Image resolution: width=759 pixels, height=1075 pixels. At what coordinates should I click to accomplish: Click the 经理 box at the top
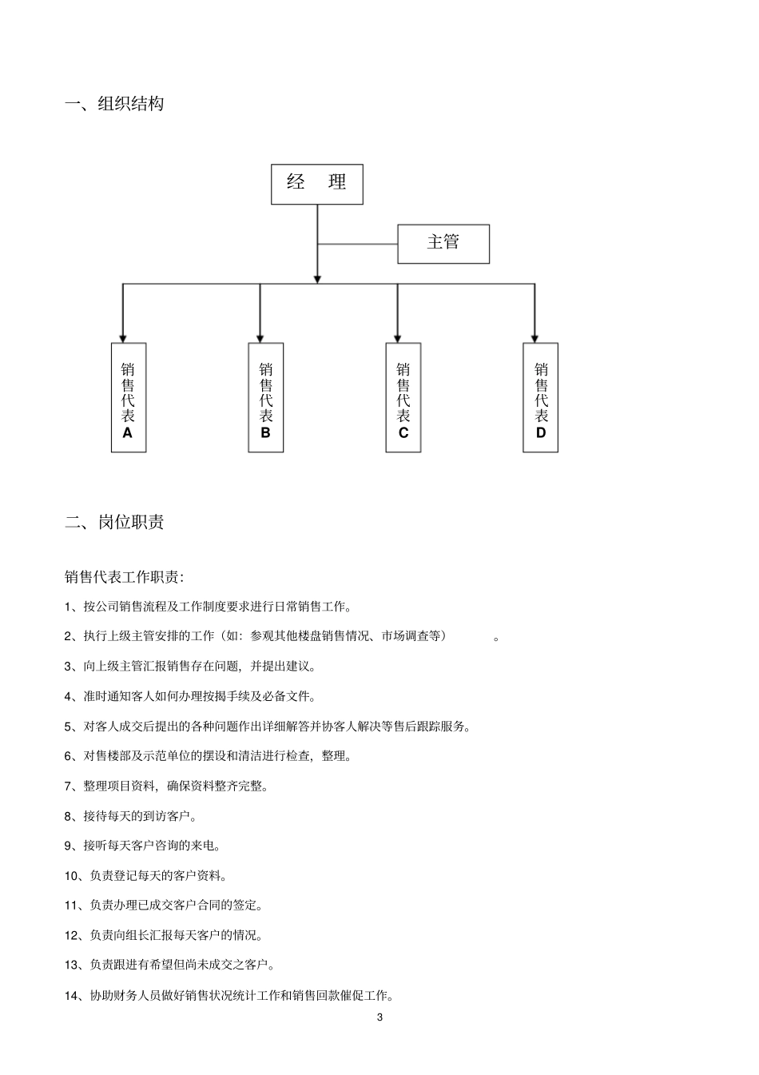tap(316, 184)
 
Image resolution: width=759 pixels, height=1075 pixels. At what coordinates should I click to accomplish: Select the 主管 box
tap(443, 243)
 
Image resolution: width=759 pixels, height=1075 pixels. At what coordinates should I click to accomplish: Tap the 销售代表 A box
tap(128, 397)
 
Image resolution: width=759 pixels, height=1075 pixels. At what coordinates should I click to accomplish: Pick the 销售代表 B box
tap(265, 397)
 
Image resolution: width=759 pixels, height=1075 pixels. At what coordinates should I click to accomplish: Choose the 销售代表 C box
tap(403, 397)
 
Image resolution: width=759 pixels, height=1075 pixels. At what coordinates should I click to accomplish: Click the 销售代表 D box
tap(540, 397)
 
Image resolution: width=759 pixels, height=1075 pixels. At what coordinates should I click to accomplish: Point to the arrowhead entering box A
tap(122, 337)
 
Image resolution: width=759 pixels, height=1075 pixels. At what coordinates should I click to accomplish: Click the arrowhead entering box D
tap(534, 337)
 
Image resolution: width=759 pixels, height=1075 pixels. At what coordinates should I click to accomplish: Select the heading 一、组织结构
tap(114, 104)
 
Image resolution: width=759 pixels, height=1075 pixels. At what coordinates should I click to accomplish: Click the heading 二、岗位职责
tap(114, 523)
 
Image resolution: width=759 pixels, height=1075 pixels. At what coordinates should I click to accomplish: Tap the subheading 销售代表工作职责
tap(124, 577)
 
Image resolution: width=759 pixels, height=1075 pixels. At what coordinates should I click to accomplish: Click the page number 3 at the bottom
tap(379, 1017)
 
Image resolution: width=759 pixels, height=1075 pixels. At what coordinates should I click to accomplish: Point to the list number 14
tap(72, 996)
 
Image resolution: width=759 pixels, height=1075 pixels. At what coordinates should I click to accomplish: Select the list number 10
tap(72, 876)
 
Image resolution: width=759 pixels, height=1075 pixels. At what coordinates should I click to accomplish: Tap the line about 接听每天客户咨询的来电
tap(142, 846)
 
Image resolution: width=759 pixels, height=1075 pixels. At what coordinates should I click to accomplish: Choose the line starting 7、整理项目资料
tap(166, 786)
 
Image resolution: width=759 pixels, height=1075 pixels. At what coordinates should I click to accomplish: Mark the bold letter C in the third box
tap(403, 433)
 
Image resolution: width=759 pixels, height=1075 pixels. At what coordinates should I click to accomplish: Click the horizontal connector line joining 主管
tap(357, 244)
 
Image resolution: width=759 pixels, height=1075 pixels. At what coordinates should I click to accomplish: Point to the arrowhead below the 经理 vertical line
tap(317, 278)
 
